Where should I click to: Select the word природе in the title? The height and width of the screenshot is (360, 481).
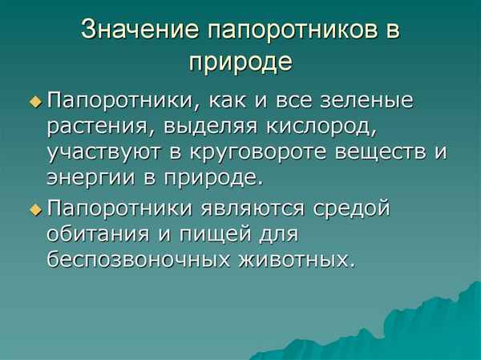click(240, 61)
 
